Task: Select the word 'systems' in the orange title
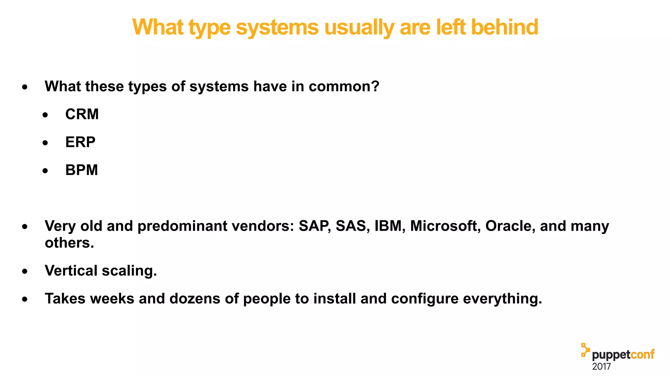(x=277, y=27)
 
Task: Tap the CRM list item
(x=82, y=114)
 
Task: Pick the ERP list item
(x=80, y=142)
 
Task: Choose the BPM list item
(x=81, y=170)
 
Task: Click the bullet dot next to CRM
(x=45, y=115)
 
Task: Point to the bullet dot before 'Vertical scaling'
(x=25, y=271)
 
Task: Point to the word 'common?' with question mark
(x=344, y=86)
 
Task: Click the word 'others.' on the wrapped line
(x=69, y=243)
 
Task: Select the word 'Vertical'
(x=71, y=271)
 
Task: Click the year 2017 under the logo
(x=601, y=367)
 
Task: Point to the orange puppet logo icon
(x=585, y=350)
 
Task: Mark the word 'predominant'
(x=182, y=226)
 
